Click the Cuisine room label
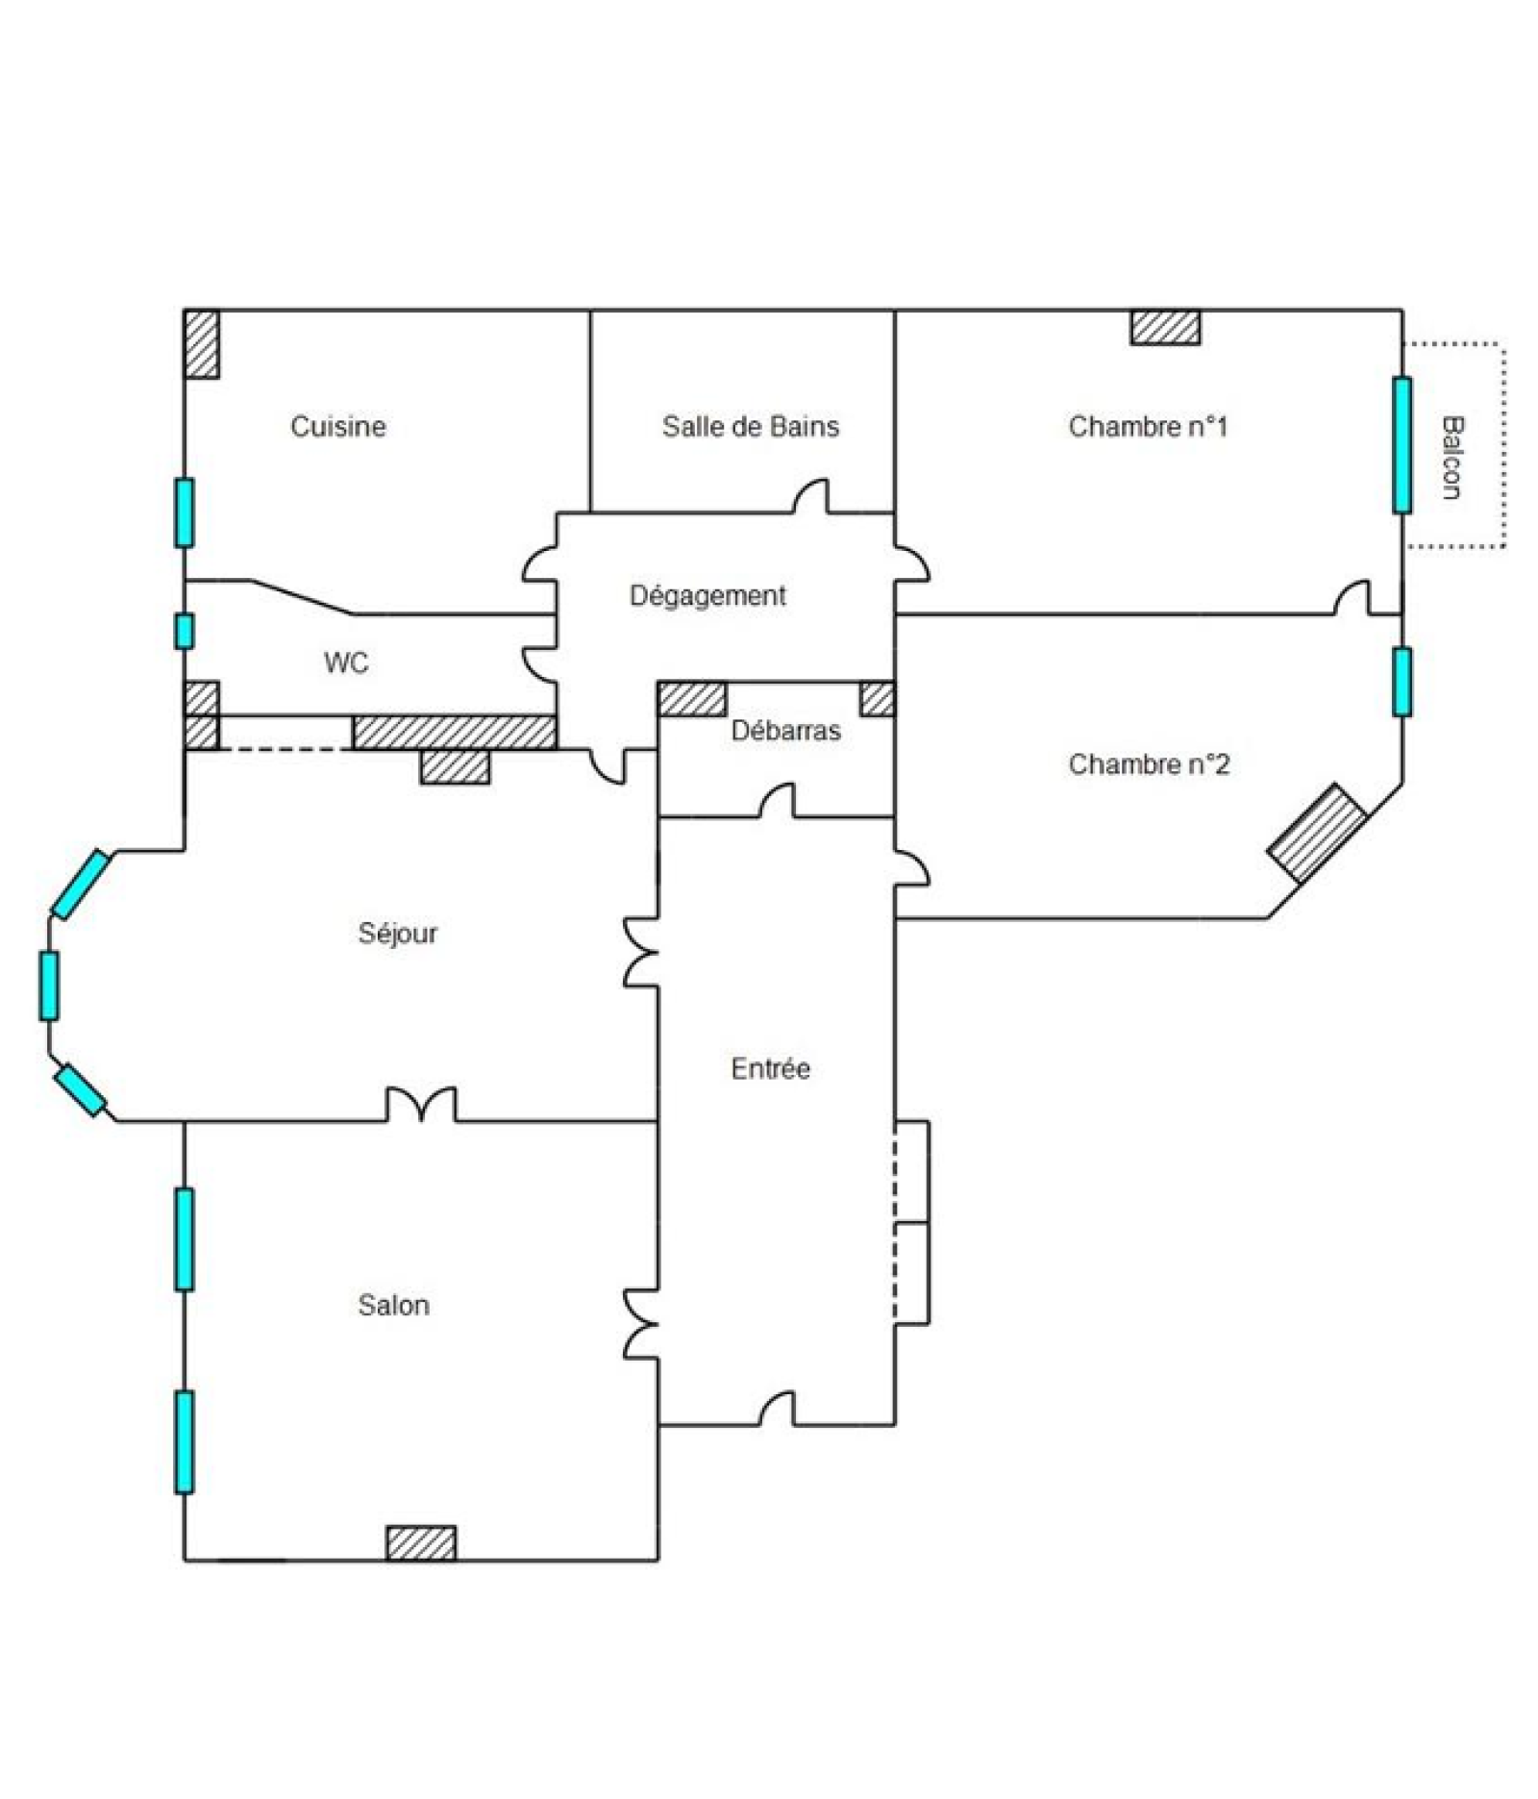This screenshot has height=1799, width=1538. [337, 426]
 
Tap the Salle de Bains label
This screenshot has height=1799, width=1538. [750, 426]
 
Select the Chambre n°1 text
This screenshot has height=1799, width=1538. [1148, 426]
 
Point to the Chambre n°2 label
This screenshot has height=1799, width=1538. [1149, 764]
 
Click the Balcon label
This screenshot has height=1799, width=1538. [1451, 458]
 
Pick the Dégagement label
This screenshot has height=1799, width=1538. [707, 596]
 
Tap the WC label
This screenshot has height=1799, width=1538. [346, 662]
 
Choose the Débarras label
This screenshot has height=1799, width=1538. [785, 731]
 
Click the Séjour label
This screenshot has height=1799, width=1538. [397, 934]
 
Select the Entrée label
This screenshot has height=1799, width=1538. [770, 1068]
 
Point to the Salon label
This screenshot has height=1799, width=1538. [393, 1305]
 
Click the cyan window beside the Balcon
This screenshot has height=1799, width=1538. [1402, 445]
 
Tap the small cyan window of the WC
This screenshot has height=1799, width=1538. [184, 631]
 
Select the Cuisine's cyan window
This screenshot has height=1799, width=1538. [184, 512]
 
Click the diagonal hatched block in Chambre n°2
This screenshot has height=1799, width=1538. [1317, 833]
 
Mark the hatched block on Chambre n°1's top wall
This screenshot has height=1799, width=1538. [1165, 327]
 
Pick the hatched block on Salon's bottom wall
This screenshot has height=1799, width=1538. [421, 1543]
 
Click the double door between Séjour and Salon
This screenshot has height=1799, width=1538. [421, 1105]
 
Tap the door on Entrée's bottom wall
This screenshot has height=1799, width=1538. [778, 1409]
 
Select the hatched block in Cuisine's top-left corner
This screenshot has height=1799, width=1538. [202, 343]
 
